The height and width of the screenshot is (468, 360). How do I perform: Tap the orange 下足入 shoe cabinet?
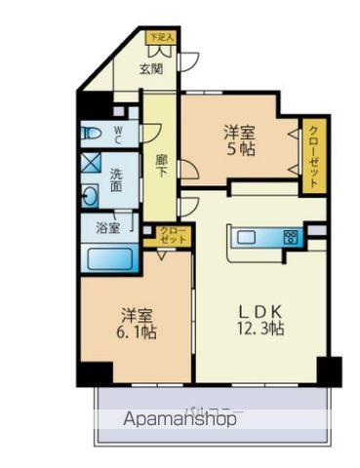[x=160, y=38]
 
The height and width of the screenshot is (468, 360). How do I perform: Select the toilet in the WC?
[x=92, y=132]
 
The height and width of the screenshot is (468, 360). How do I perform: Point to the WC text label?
[x=117, y=133]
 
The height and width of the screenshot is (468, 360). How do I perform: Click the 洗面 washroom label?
[x=117, y=181]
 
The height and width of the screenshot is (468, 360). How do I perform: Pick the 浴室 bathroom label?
[x=108, y=228]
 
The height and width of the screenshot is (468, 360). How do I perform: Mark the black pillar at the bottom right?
[x=329, y=370]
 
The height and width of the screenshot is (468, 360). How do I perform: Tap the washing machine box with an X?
[x=90, y=163]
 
